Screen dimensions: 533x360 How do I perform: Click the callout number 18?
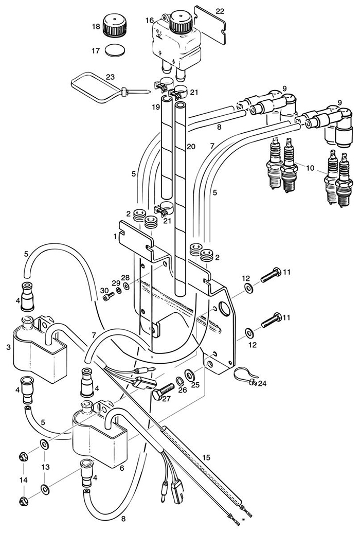(x=96, y=26)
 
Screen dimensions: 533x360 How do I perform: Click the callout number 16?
(x=150, y=20)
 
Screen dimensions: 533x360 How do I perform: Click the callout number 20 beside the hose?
(x=191, y=147)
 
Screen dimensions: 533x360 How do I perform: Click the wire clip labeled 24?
(x=243, y=377)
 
